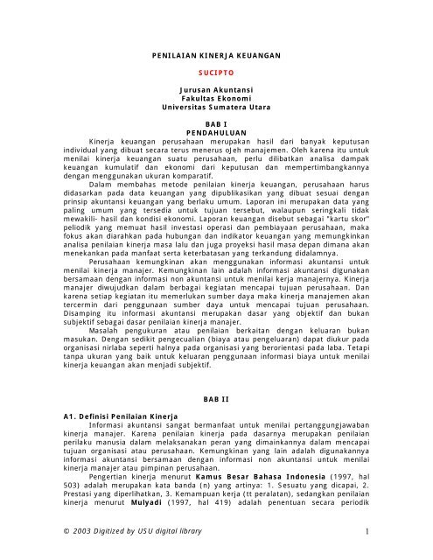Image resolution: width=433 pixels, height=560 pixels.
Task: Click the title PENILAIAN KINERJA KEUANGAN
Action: (216, 53)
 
